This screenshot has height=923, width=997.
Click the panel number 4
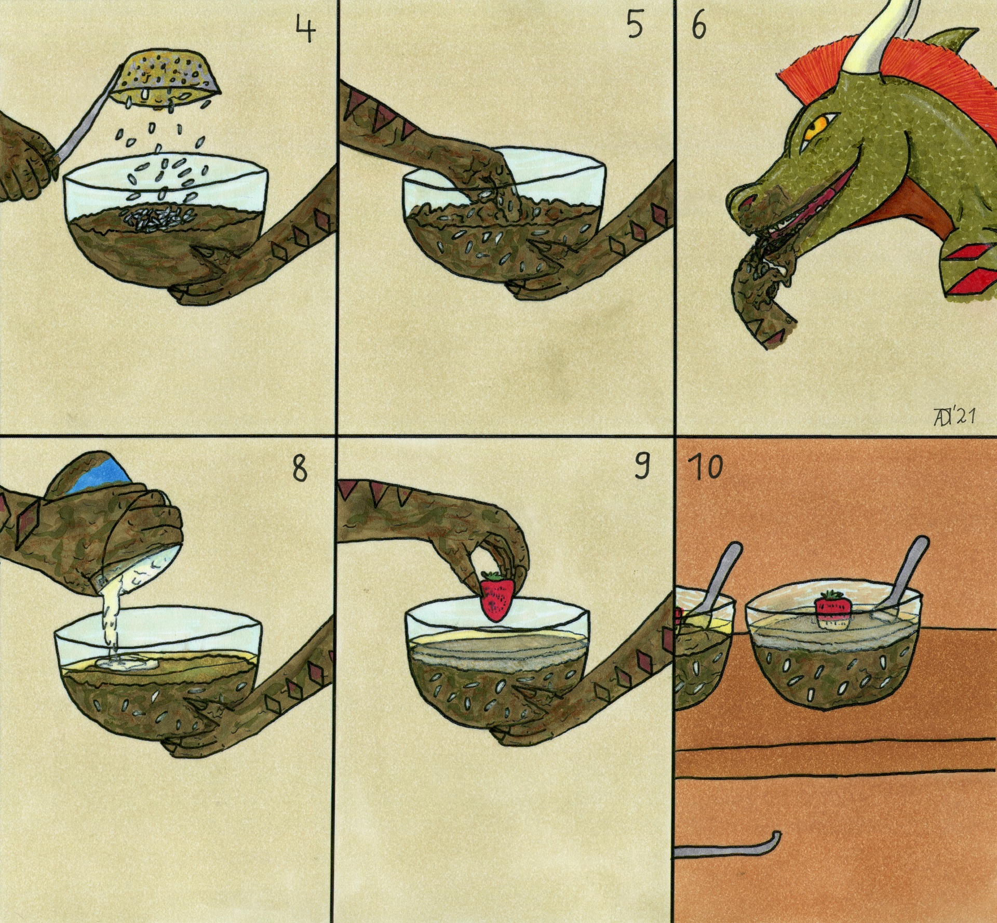coord(305,28)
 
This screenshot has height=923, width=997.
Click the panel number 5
coord(635,25)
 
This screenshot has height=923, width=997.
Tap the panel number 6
coord(699,26)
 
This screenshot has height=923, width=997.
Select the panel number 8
coord(300,469)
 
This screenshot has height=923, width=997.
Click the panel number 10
coord(705,467)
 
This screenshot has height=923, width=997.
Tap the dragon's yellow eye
coord(814,126)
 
